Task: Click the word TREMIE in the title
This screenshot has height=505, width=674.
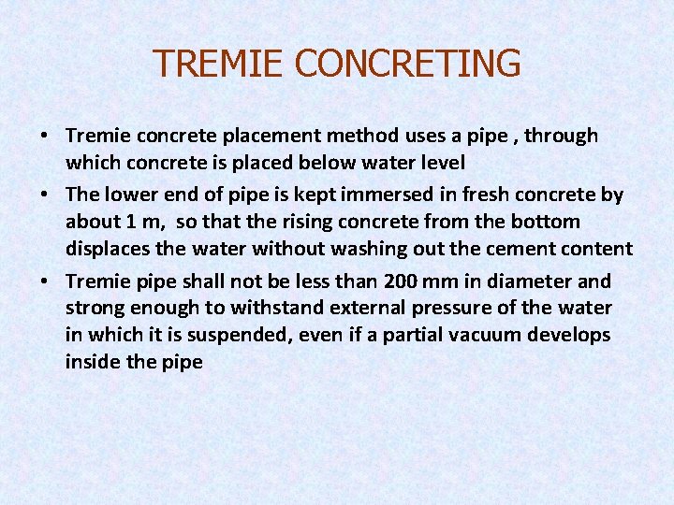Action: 218,64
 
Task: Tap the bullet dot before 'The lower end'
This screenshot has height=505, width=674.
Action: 45,194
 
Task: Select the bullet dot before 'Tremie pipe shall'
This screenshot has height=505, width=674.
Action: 45,281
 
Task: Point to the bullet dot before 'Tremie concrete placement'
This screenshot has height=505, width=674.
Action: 45,136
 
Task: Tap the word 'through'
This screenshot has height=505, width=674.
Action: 561,136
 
